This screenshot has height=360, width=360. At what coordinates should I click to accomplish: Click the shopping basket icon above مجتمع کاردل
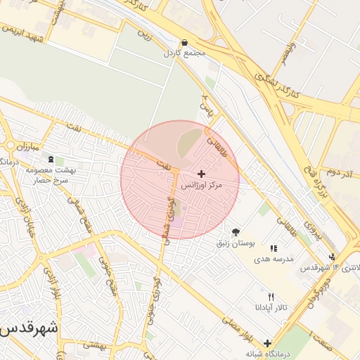(x=184, y=42)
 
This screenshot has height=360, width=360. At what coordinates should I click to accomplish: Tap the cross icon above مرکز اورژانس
(x=202, y=173)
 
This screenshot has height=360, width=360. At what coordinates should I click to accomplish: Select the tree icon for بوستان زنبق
(x=236, y=232)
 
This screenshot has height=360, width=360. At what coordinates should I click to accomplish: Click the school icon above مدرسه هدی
(x=274, y=248)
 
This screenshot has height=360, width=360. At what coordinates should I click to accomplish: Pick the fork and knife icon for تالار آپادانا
(x=271, y=297)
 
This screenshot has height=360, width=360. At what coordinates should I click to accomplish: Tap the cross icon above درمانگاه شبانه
(x=267, y=342)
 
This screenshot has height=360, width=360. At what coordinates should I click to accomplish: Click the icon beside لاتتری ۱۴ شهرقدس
(x=332, y=257)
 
